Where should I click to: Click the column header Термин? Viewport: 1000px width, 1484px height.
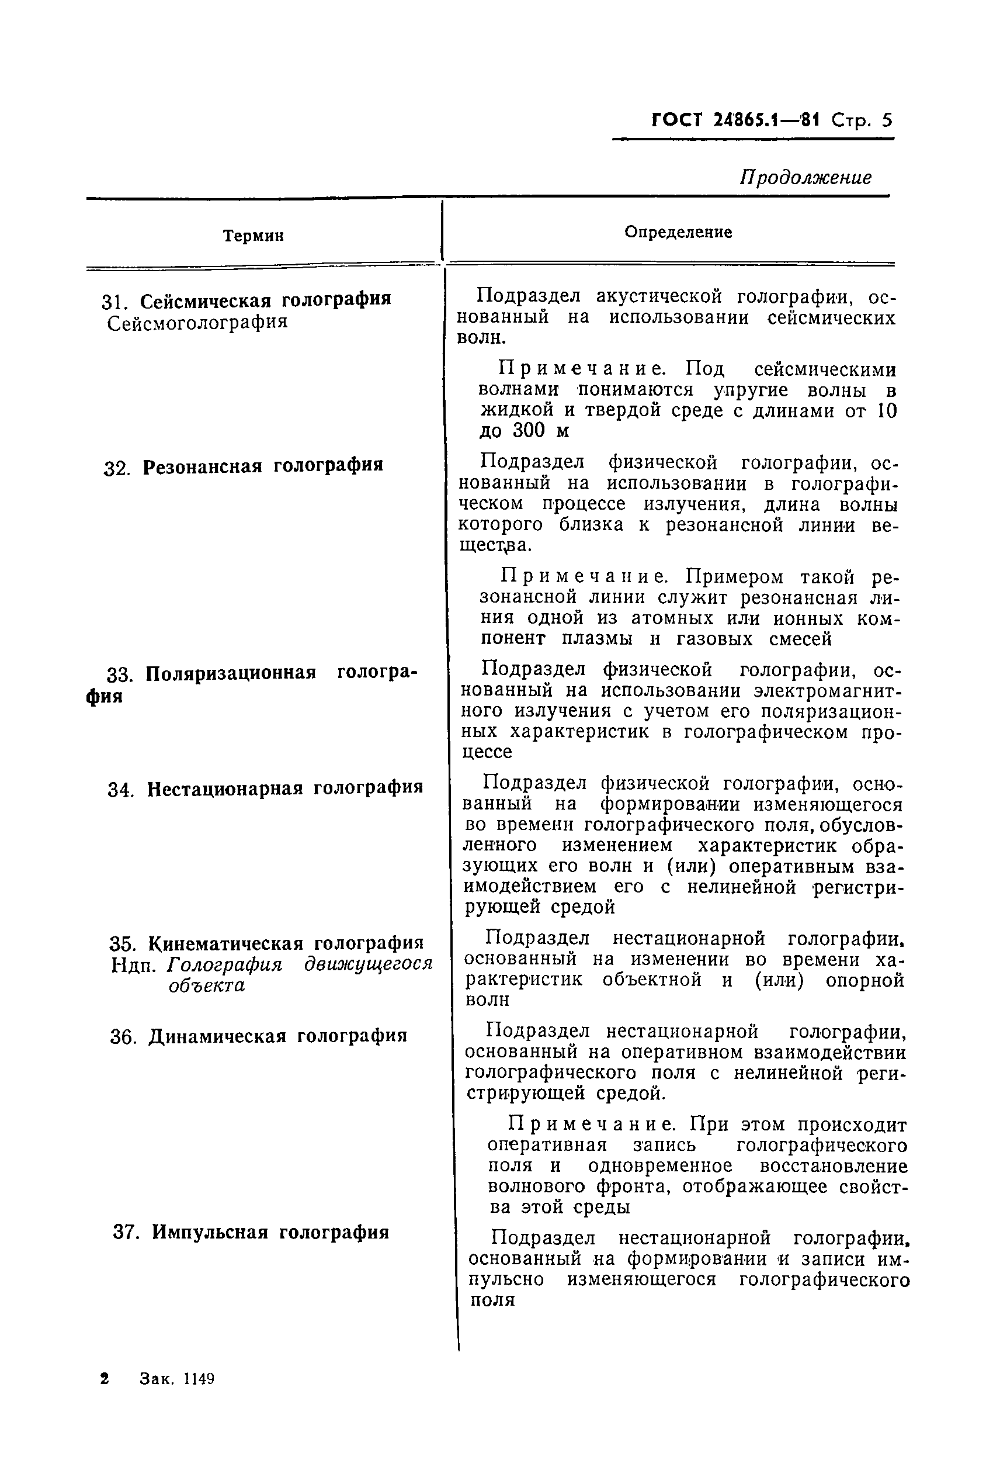[x=253, y=236]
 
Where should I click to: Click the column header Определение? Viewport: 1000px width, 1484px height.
[x=678, y=232]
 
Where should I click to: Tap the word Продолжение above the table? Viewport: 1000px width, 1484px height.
[x=805, y=177]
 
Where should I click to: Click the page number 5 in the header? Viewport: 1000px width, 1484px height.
[x=887, y=120]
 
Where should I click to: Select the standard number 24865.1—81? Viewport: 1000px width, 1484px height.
[x=765, y=120]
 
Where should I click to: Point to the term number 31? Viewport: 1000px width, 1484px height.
[x=115, y=301]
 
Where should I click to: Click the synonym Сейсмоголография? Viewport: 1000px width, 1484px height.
[x=197, y=323]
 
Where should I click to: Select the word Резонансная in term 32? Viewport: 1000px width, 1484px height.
[x=202, y=466]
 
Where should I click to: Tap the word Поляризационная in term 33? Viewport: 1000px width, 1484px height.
[x=231, y=674]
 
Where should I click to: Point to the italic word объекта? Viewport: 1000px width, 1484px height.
[x=207, y=985]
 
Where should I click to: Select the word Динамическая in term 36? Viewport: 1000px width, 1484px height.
[x=217, y=1036]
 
